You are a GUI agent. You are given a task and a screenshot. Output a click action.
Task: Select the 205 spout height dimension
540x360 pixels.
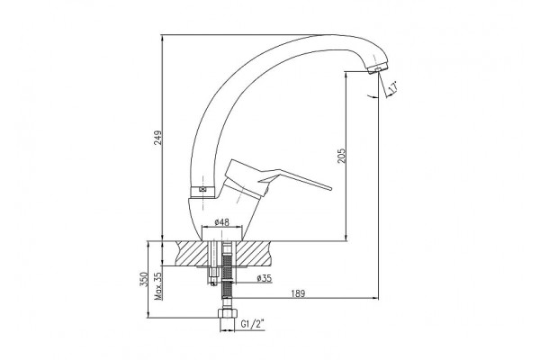tap(341, 156)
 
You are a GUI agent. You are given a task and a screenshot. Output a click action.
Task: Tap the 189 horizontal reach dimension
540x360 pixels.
tap(298, 293)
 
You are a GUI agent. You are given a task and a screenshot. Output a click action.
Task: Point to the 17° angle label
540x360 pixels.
tap(393, 88)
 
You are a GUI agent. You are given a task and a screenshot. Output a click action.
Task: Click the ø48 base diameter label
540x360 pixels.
tap(221, 222)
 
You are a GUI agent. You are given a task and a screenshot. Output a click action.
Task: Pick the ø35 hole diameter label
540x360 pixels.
tap(264, 278)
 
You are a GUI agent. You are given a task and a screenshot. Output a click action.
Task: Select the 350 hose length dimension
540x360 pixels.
tap(144, 279)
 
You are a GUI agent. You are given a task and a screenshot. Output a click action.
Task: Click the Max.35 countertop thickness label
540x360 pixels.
tap(157, 286)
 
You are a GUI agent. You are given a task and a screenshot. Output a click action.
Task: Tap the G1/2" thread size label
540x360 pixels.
tap(252, 324)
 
